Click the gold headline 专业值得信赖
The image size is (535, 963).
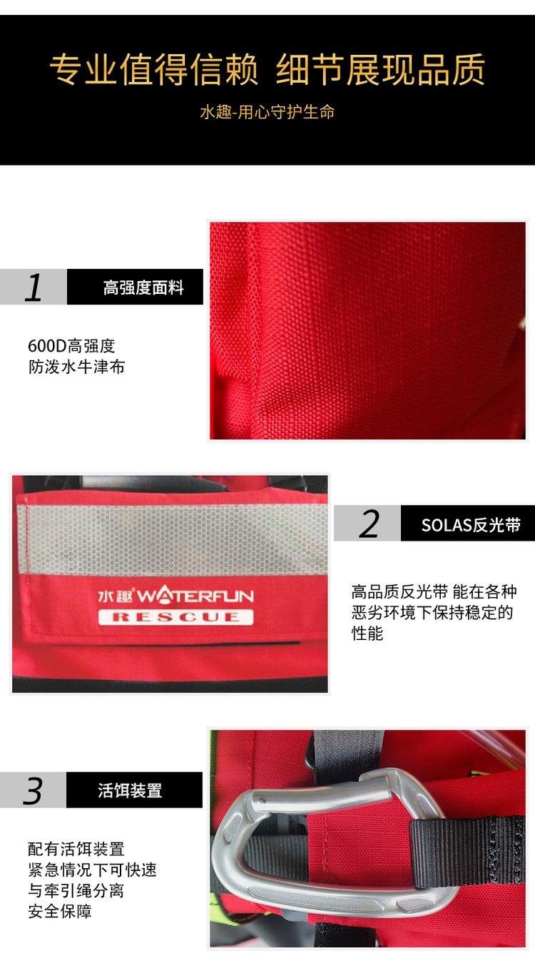pyautogui.click(x=154, y=68)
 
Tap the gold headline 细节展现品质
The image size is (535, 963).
pyautogui.click(x=381, y=68)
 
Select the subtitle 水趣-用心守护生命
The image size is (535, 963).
pyautogui.click(x=267, y=112)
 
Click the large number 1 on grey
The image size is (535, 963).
pyautogui.click(x=34, y=287)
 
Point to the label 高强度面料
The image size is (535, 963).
pyautogui.click(x=143, y=287)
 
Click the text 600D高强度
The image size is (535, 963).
pyautogui.click(x=71, y=346)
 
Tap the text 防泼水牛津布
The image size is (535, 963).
pyautogui.click(x=76, y=367)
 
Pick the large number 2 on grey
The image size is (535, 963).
pyautogui.click(x=369, y=523)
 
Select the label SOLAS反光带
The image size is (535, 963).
pyautogui.click(x=471, y=525)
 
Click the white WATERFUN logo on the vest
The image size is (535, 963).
pyautogui.click(x=195, y=596)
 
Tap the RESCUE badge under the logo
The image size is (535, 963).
pyautogui.click(x=175, y=617)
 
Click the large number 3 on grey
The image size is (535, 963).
pyautogui.click(x=33, y=790)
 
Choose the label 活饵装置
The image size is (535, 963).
pyautogui.click(x=130, y=790)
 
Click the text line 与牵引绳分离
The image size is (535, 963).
pyautogui.click(x=76, y=890)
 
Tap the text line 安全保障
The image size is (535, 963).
pyautogui.click(x=60, y=912)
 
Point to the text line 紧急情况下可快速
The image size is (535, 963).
pyautogui.click(x=93, y=870)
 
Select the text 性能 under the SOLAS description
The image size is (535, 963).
pyautogui.click(x=367, y=633)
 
